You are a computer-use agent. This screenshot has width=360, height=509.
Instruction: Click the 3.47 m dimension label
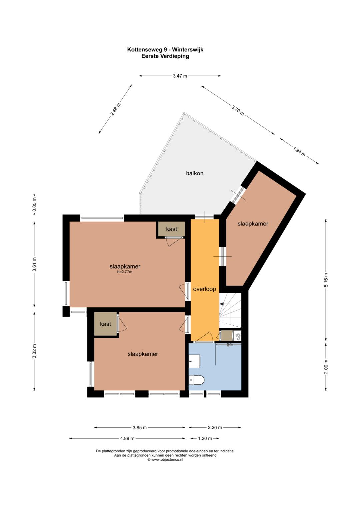tap(180, 76)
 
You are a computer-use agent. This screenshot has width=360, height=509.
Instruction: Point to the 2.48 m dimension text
tap(115, 110)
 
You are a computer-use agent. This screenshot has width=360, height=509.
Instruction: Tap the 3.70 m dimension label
tap(238, 110)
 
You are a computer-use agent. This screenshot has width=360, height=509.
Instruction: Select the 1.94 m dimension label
tap(299, 151)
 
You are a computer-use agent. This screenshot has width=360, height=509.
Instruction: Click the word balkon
tap(195, 173)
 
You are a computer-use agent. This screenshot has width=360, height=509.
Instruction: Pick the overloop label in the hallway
tap(205, 289)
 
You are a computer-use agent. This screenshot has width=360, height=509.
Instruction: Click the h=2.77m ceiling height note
tap(125, 271)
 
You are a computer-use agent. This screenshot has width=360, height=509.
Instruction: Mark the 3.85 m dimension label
tap(140, 427)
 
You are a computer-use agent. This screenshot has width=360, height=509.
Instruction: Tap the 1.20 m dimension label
tap(205, 438)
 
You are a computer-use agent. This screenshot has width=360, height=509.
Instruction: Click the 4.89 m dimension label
tap(127, 438)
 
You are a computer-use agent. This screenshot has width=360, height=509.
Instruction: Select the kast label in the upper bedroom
tap(172, 229)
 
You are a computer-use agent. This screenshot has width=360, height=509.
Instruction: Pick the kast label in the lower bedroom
tap(105, 324)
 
